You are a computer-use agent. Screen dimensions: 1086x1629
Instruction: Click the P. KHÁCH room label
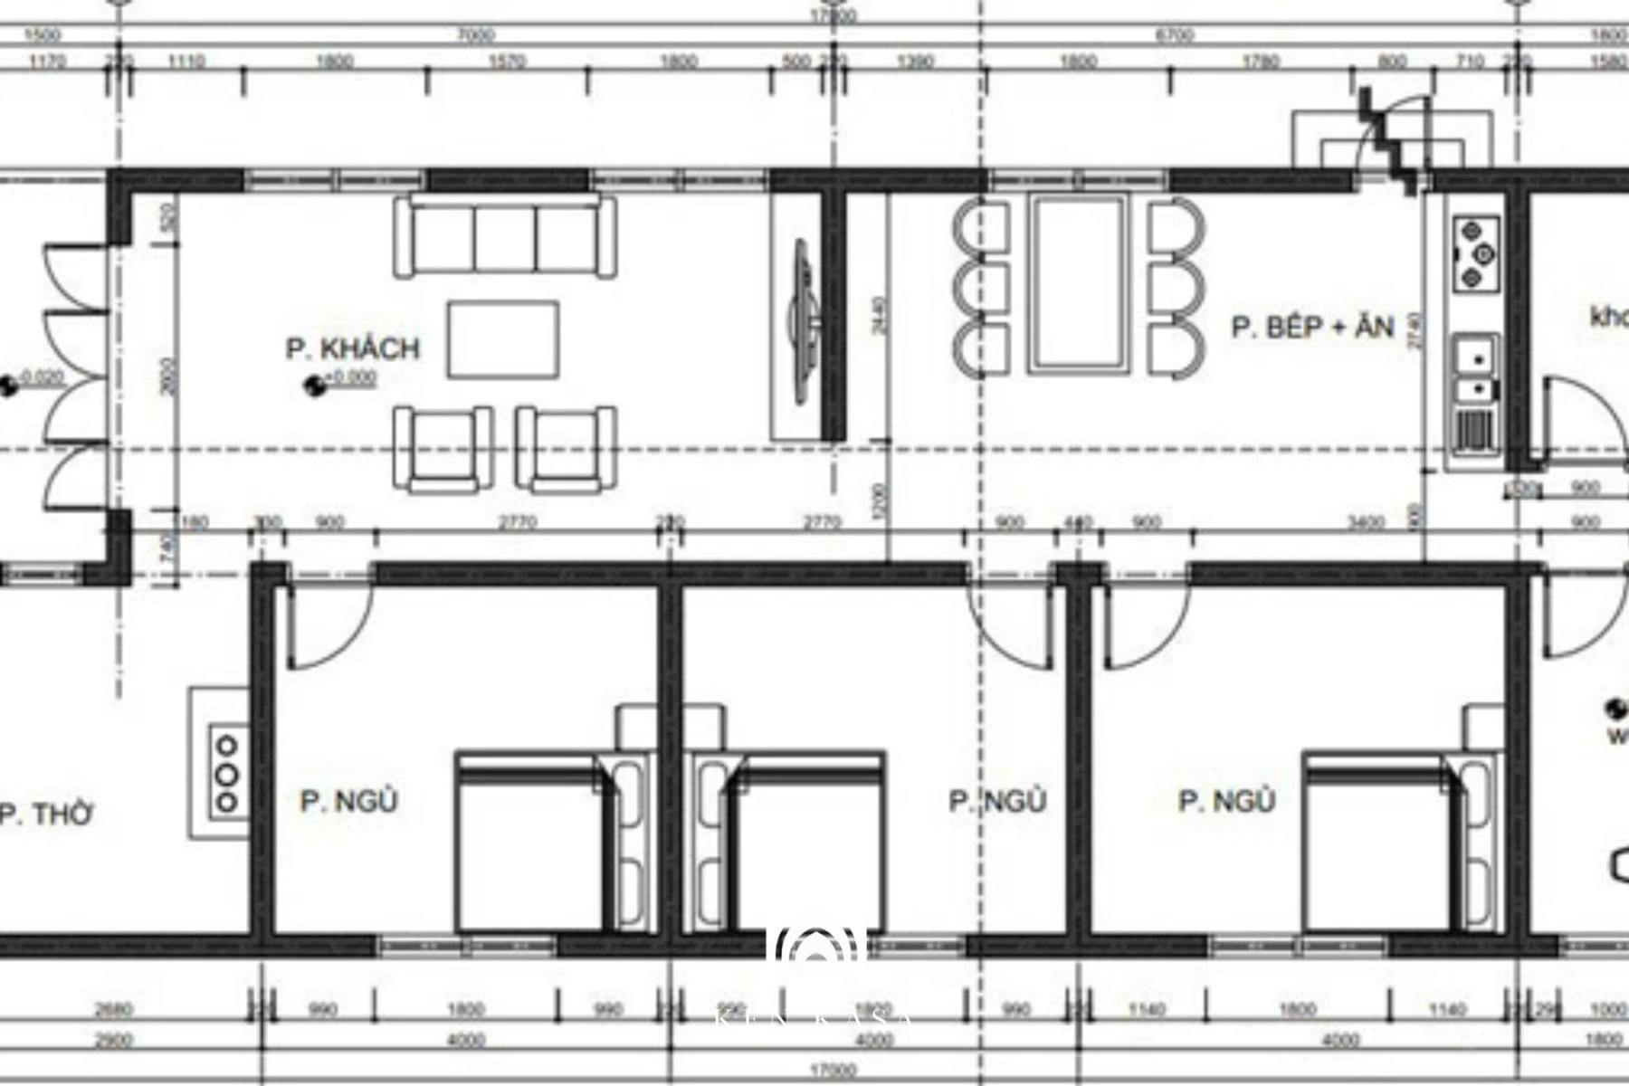click(353, 348)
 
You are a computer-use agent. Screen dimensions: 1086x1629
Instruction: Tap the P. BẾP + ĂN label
click(1312, 327)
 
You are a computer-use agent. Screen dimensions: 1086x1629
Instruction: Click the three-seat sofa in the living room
click(505, 237)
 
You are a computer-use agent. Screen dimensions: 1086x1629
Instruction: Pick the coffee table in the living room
click(502, 339)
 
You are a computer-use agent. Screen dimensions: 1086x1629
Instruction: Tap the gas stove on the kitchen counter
click(1475, 252)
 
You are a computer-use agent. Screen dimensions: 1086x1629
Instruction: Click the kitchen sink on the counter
click(1475, 371)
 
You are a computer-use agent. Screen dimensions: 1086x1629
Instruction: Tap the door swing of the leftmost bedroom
click(326, 624)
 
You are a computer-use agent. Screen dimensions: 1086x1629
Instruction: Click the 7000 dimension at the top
click(476, 35)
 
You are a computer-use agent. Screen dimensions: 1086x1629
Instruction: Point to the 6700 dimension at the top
click(1174, 35)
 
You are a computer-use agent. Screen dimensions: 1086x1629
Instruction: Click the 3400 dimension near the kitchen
click(1366, 522)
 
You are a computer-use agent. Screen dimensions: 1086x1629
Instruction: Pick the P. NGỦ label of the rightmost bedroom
click(1226, 801)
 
